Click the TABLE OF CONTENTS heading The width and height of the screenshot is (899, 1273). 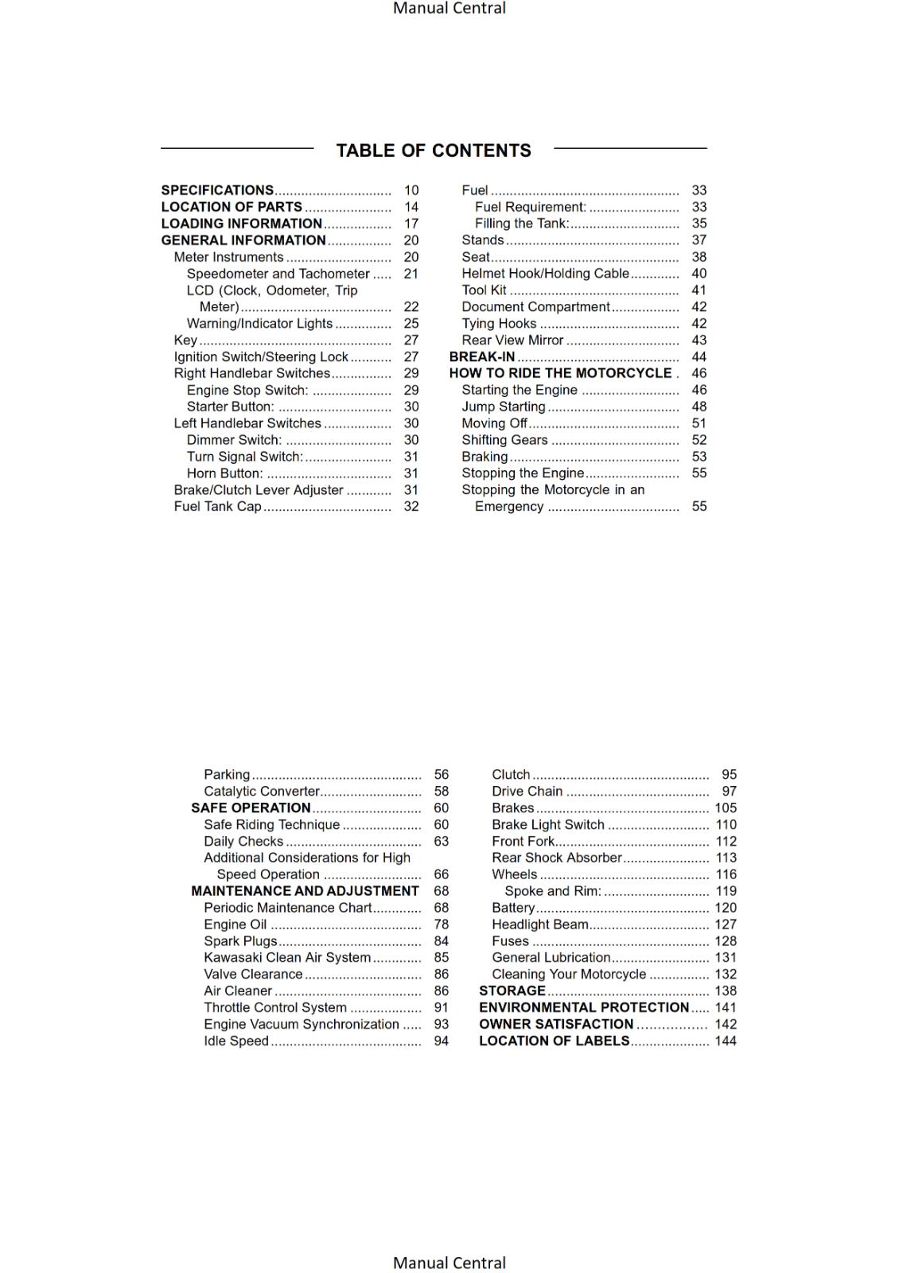tap(434, 150)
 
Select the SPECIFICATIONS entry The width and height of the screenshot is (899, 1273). tap(217, 190)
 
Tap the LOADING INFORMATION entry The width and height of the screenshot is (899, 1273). tap(241, 224)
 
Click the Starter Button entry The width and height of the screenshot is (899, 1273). tap(230, 407)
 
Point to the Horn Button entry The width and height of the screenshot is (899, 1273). tap(224, 473)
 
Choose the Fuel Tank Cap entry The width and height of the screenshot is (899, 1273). tap(217, 506)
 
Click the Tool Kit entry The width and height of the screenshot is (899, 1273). tap(484, 290)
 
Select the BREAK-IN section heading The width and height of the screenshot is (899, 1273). tap(482, 357)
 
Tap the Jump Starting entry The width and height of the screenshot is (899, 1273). tap(504, 407)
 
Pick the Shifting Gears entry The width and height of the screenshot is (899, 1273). tap(504, 440)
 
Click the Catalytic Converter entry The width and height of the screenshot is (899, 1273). tap(261, 791)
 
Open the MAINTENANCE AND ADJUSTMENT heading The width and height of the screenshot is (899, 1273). tap(305, 891)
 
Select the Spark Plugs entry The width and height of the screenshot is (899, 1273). tap(240, 941)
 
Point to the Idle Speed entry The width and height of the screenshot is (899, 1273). tap(236, 1041)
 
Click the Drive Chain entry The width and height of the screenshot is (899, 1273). tap(527, 791)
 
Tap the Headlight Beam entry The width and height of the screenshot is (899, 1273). tap(540, 925)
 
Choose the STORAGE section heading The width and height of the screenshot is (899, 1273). tap(512, 991)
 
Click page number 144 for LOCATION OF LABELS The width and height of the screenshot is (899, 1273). tap(726, 1041)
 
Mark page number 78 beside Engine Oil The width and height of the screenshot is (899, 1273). tap(441, 925)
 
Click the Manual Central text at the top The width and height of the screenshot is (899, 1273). tap(449, 9)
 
